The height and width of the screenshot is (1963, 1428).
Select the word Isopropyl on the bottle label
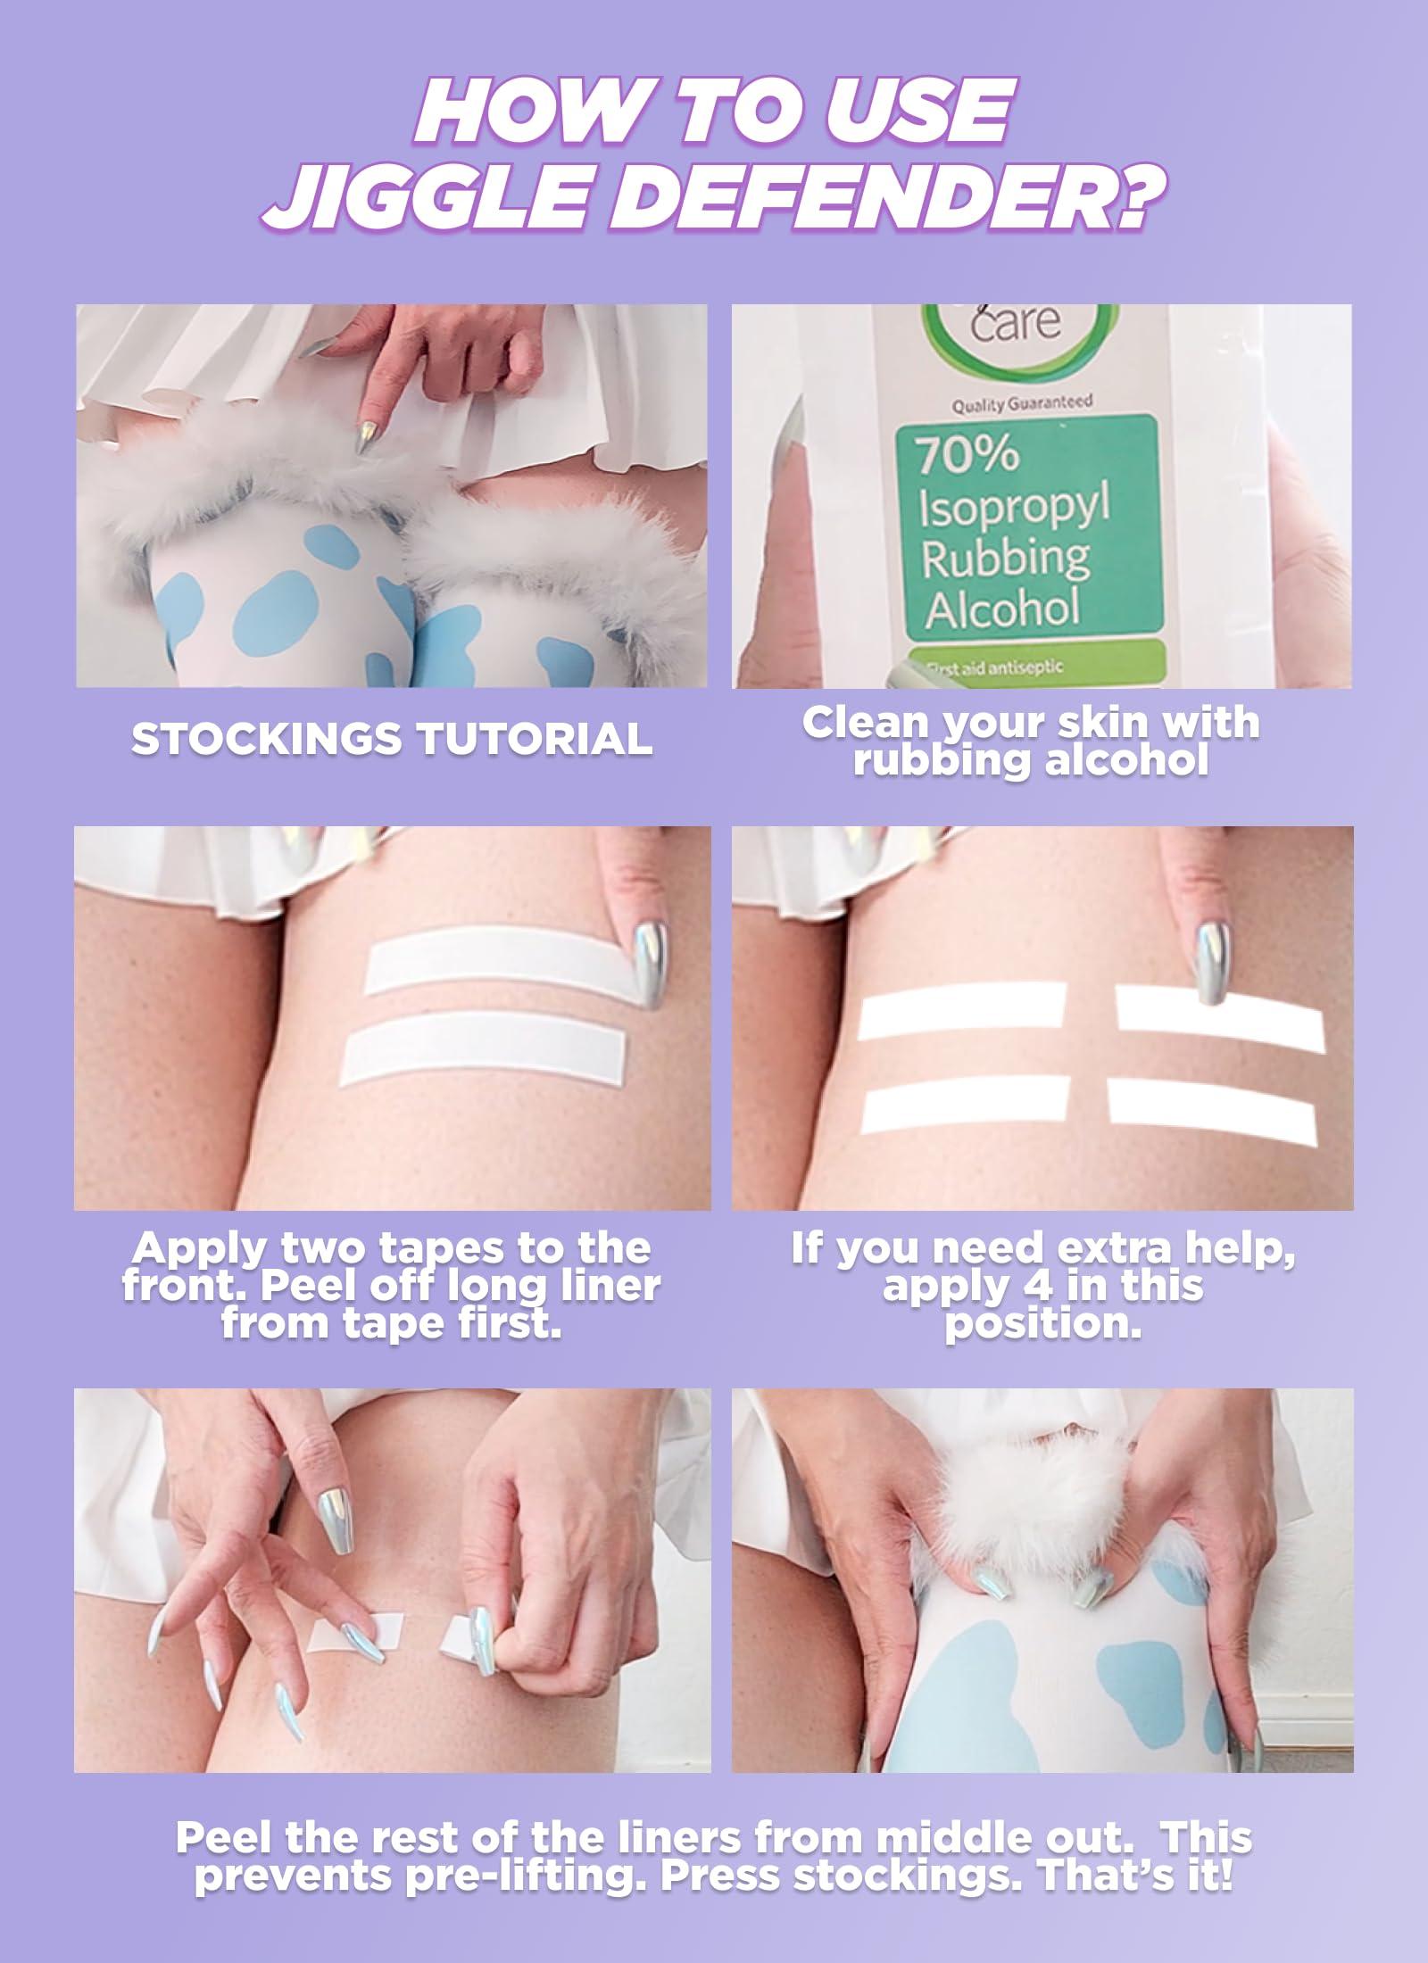point(1014,510)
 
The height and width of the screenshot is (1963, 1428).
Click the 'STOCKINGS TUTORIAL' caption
point(391,737)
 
